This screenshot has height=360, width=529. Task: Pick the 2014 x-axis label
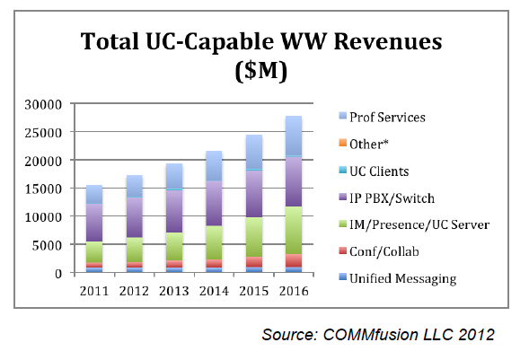tap(215, 291)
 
